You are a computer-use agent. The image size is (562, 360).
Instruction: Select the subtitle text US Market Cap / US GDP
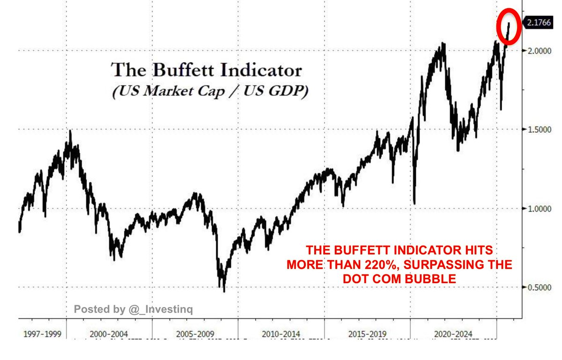[x=210, y=91]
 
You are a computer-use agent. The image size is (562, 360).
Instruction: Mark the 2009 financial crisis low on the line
[x=224, y=291]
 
